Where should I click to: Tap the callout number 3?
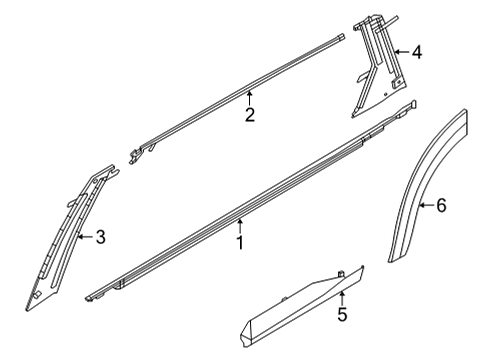[x=100, y=237]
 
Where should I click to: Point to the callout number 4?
[x=416, y=52]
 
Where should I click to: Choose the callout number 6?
[x=440, y=205]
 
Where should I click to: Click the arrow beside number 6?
[x=424, y=205]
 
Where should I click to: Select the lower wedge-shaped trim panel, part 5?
[x=300, y=306]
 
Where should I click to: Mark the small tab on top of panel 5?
[x=341, y=270]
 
